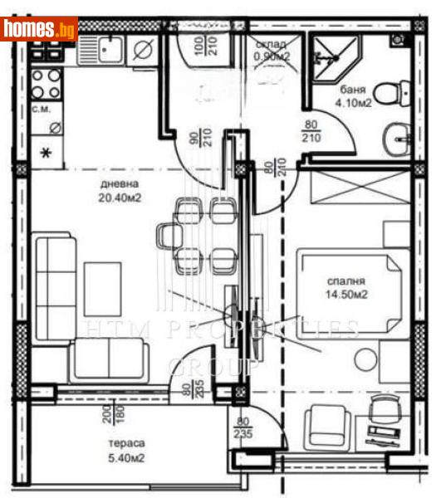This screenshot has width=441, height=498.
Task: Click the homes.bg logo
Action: (x=40, y=30)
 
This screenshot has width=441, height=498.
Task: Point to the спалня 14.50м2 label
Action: (x=346, y=287)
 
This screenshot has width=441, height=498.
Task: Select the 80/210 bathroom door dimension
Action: (x=311, y=131)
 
